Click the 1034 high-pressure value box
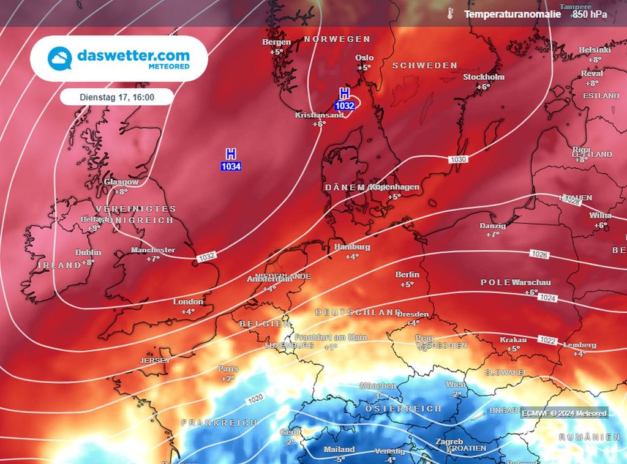231,166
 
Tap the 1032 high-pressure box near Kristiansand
345,105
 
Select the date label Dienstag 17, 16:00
117,97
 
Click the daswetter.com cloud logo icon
60,58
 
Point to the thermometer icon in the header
450,13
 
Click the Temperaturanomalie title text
512,13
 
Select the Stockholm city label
484,77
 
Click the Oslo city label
364,58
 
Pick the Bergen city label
276,42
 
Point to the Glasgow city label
121,182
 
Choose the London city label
188,302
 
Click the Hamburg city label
352,247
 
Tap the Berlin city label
407,275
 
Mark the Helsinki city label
595,50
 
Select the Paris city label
228,369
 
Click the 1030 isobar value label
458,159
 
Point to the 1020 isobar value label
255,399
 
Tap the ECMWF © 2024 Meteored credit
565,413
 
